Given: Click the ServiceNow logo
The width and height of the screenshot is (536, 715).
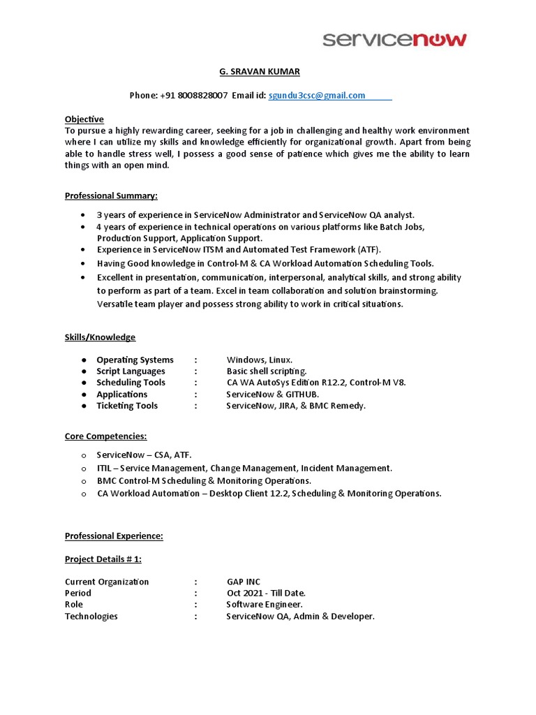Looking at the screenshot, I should [x=394, y=40].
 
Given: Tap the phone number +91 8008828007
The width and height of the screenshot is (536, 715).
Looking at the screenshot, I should [x=198, y=96].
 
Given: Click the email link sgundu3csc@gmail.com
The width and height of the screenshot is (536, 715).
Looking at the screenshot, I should [x=317, y=96].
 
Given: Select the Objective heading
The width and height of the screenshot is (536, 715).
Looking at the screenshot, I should [x=84, y=119].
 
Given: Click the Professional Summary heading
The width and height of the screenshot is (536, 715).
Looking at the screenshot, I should [x=111, y=196].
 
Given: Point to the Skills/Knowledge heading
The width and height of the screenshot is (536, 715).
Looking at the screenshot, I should [x=100, y=337].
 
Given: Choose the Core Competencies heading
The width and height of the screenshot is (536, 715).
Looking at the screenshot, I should [x=105, y=436].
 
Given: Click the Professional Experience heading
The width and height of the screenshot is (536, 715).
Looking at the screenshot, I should [x=114, y=536].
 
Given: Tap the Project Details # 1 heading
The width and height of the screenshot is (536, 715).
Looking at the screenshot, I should [x=103, y=559].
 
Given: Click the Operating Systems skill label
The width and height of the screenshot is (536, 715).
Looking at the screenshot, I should [x=135, y=360].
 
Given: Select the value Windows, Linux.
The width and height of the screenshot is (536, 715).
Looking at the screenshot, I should [x=255, y=360].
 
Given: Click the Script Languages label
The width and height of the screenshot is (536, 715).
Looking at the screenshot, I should [x=131, y=371].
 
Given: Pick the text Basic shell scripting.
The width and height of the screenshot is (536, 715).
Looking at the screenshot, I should [x=267, y=371].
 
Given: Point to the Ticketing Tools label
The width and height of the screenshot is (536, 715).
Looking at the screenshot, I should [x=127, y=406].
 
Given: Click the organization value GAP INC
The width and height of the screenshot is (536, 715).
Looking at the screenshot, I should [x=243, y=582].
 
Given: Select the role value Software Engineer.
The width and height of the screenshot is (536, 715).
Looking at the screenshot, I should [x=265, y=605].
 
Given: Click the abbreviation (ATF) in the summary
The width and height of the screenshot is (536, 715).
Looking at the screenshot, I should [x=370, y=249].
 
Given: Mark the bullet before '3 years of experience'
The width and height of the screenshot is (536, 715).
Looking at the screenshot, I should [x=84, y=215].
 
